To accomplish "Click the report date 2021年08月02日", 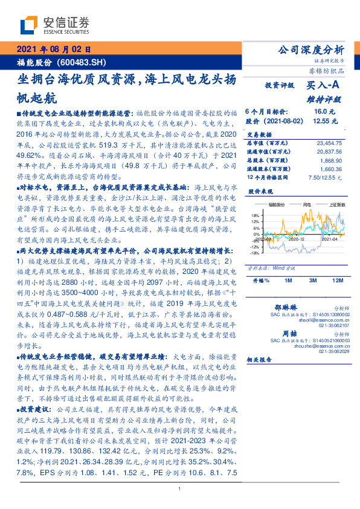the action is pos(53,50).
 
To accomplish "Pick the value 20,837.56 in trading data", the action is pos(329,151).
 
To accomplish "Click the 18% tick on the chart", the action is pos(255,215).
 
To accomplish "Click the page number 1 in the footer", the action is pos(180,489).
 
